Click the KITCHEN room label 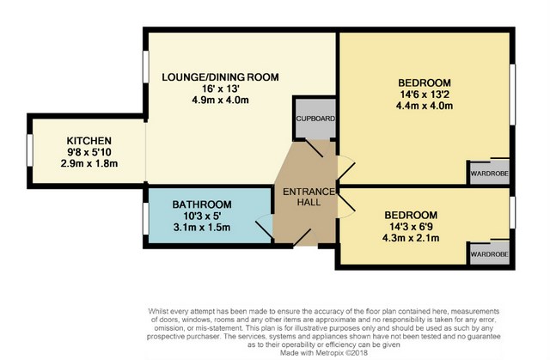[89, 141]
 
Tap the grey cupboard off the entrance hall [315, 119]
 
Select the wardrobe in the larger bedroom [489, 173]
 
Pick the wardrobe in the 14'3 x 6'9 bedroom [489, 253]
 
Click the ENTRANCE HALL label [309, 197]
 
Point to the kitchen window [30, 150]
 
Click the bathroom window [145, 218]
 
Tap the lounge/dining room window [145, 67]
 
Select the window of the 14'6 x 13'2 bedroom [512, 95]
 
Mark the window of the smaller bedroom [512, 212]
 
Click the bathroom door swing [264, 227]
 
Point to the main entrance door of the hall [305, 238]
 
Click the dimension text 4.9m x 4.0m [220, 101]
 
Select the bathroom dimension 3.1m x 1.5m [202, 228]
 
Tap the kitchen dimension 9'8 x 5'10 [89, 152]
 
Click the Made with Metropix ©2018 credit [324, 352]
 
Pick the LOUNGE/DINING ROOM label [220, 77]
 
